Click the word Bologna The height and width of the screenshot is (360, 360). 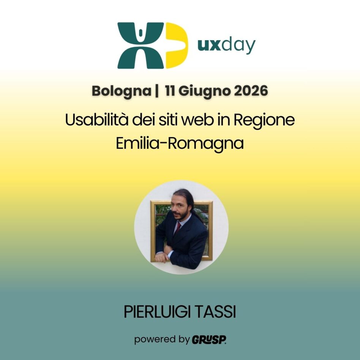(121, 92)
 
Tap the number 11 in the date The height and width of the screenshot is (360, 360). (171, 92)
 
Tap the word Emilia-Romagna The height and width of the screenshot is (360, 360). (180, 144)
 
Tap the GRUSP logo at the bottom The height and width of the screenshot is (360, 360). (209, 339)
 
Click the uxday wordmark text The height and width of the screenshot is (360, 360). (226, 46)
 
